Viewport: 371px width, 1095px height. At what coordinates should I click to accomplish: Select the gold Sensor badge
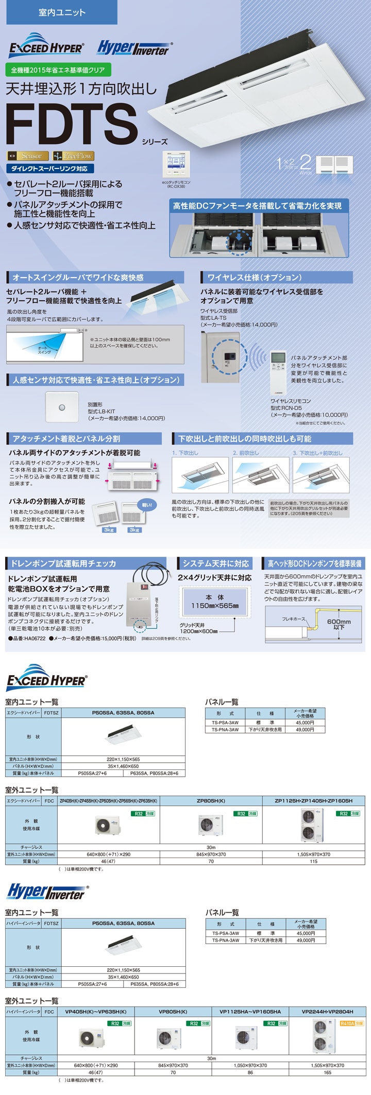[28, 156]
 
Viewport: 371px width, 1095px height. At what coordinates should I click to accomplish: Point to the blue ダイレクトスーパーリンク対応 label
[49, 168]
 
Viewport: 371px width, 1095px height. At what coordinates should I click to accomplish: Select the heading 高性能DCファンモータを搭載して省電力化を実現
[257, 206]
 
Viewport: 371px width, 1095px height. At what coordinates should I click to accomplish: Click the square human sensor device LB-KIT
[62, 407]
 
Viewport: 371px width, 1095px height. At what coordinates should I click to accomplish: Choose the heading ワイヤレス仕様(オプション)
[255, 278]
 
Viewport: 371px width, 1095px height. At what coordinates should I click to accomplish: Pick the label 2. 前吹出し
[246, 453]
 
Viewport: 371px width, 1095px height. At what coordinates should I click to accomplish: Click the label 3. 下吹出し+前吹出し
[317, 453]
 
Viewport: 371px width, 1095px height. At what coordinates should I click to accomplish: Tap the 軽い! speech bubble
[146, 505]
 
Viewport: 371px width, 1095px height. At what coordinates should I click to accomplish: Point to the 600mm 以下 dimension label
[339, 624]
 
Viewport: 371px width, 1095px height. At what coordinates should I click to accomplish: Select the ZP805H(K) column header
[211, 801]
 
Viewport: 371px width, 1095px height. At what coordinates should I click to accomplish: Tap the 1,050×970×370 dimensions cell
[250, 1065]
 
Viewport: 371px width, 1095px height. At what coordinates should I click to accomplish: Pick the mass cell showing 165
[327, 1072]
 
